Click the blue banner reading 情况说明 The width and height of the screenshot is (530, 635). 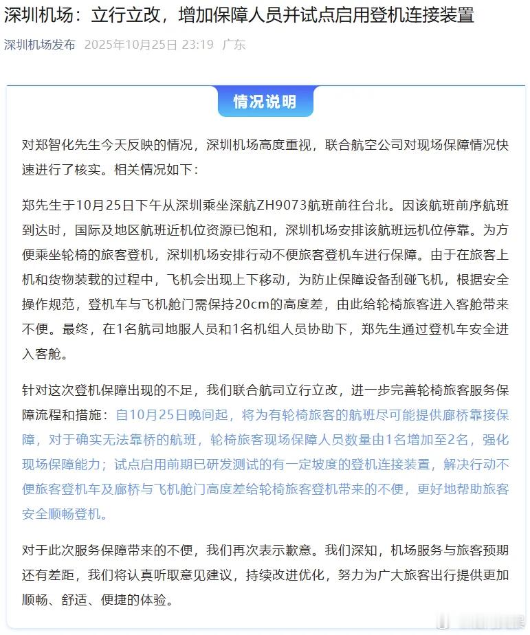[x=265, y=102]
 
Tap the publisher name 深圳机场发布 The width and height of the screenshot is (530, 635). [x=40, y=45]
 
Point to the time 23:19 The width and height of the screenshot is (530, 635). [x=197, y=45]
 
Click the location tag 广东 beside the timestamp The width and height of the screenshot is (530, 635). [x=234, y=45]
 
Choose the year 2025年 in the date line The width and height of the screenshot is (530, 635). [x=107, y=45]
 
